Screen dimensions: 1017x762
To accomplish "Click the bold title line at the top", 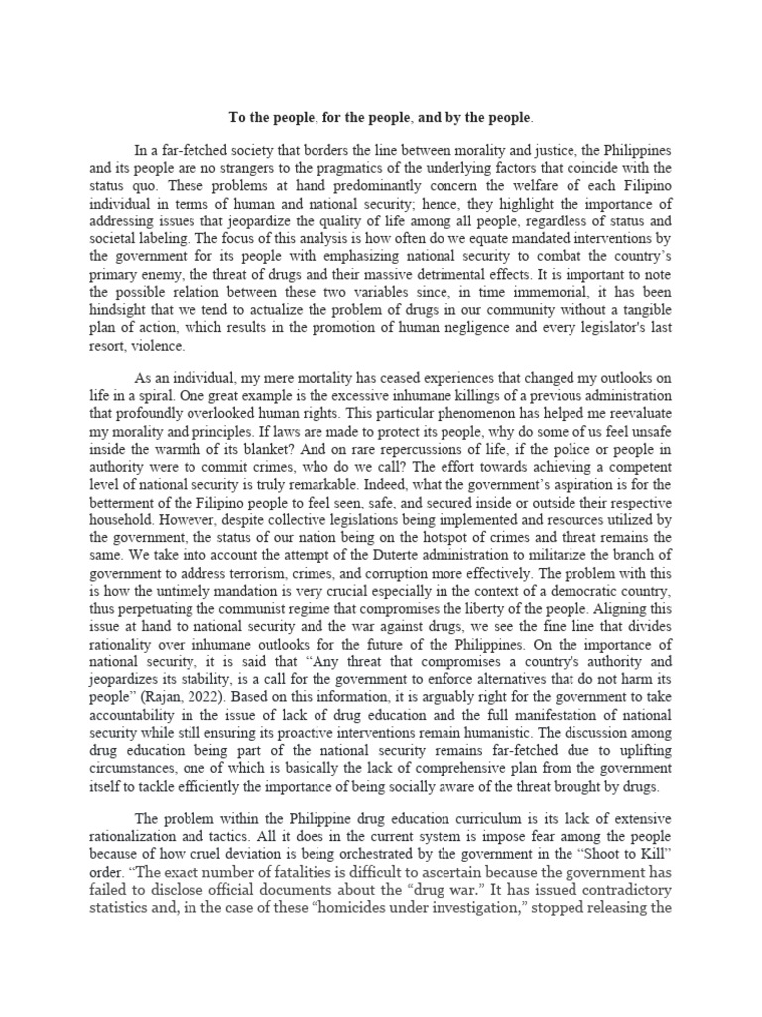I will [x=381, y=118].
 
